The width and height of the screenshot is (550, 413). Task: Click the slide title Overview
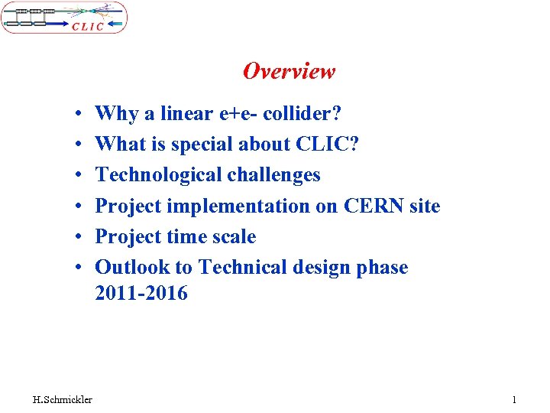(x=289, y=71)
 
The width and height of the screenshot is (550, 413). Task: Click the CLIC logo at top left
(x=64, y=17)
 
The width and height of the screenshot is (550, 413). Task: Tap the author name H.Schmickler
(x=63, y=399)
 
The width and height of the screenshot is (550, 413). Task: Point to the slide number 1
(x=514, y=399)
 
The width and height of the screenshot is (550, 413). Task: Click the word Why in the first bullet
(x=116, y=114)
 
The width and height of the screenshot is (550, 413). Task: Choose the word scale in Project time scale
(x=233, y=236)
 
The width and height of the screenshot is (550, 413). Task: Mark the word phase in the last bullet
(x=381, y=267)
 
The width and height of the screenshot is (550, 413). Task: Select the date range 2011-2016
(x=141, y=293)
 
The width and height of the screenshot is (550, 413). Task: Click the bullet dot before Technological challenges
(x=79, y=176)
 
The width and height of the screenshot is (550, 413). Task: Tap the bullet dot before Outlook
(x=79, y=268)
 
